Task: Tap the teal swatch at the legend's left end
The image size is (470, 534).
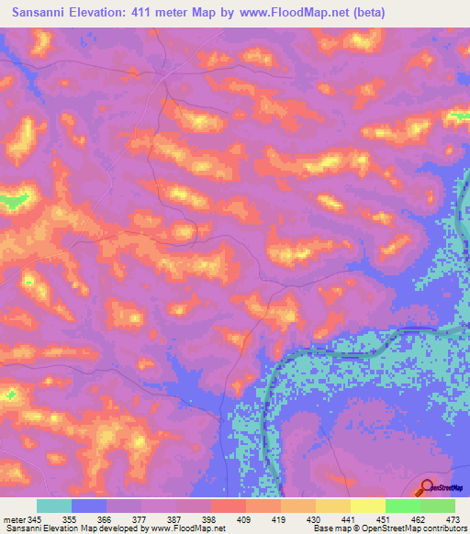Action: tap(53, 506)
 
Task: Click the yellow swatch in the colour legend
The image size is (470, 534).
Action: tap(367, 506)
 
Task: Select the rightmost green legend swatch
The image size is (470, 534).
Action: tap(437, 506)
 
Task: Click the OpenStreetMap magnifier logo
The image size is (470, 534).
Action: tap(428, 488)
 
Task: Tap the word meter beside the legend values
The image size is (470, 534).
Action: tap(15, 518)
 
